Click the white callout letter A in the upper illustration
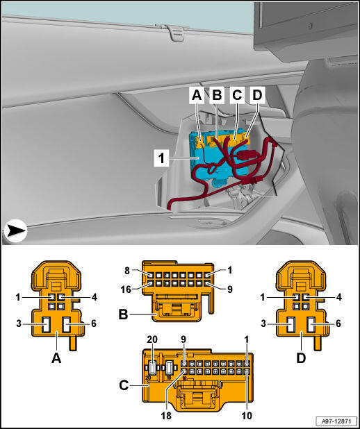197,95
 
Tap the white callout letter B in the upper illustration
217,95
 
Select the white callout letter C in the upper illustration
237,95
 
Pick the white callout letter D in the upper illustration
258,95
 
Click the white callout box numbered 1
162,158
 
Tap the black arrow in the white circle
15,231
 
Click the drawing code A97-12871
336,421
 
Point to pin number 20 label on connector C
152,339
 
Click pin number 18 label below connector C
166,416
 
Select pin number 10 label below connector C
247,416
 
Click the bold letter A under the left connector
56,358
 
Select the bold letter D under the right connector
301,358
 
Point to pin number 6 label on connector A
94,323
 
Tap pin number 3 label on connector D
263,323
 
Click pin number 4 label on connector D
339,297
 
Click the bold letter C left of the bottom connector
124,385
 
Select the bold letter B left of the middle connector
123,314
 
